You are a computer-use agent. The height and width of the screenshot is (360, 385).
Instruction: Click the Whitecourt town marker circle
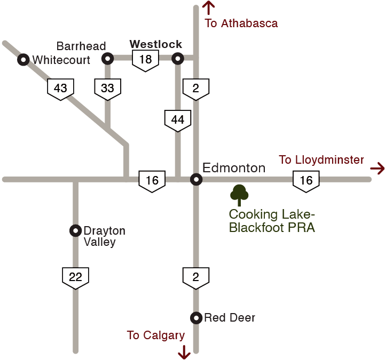pos(23,60)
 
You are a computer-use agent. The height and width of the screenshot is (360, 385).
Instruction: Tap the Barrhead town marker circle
pos(108,58)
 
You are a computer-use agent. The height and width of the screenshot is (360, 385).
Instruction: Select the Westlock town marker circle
pos(178,59)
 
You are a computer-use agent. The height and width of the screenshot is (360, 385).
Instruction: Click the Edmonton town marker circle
pos(196,180)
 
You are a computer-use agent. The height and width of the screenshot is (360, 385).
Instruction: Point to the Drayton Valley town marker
pos(76,230)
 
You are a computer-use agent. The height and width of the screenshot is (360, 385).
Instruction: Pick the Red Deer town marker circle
pos(196,317)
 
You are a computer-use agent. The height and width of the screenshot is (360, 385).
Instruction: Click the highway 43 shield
pos(60,89)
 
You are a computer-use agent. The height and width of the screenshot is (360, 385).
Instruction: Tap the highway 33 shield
pos(107,89)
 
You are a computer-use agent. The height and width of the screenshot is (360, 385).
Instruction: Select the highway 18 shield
pos(145,60)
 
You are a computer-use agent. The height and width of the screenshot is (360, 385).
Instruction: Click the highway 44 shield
pos(177,121)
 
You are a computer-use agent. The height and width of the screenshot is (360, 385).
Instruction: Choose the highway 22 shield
pos(76,277)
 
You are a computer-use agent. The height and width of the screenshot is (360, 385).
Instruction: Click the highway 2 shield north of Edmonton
pos(195,89)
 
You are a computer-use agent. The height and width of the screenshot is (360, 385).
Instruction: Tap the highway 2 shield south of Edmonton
pos(195,277)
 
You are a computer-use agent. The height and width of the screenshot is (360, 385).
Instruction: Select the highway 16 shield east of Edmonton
pos(306,181)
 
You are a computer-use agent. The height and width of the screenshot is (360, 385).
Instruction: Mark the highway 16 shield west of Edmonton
pos(152,181)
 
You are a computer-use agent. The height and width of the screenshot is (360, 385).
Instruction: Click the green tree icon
pos(239,195)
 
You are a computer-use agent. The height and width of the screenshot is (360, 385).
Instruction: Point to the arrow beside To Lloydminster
pos(377,169)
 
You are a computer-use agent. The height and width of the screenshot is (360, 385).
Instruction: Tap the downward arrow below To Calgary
pos(184,351)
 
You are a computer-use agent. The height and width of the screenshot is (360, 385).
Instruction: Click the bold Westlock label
pos(156,44)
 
